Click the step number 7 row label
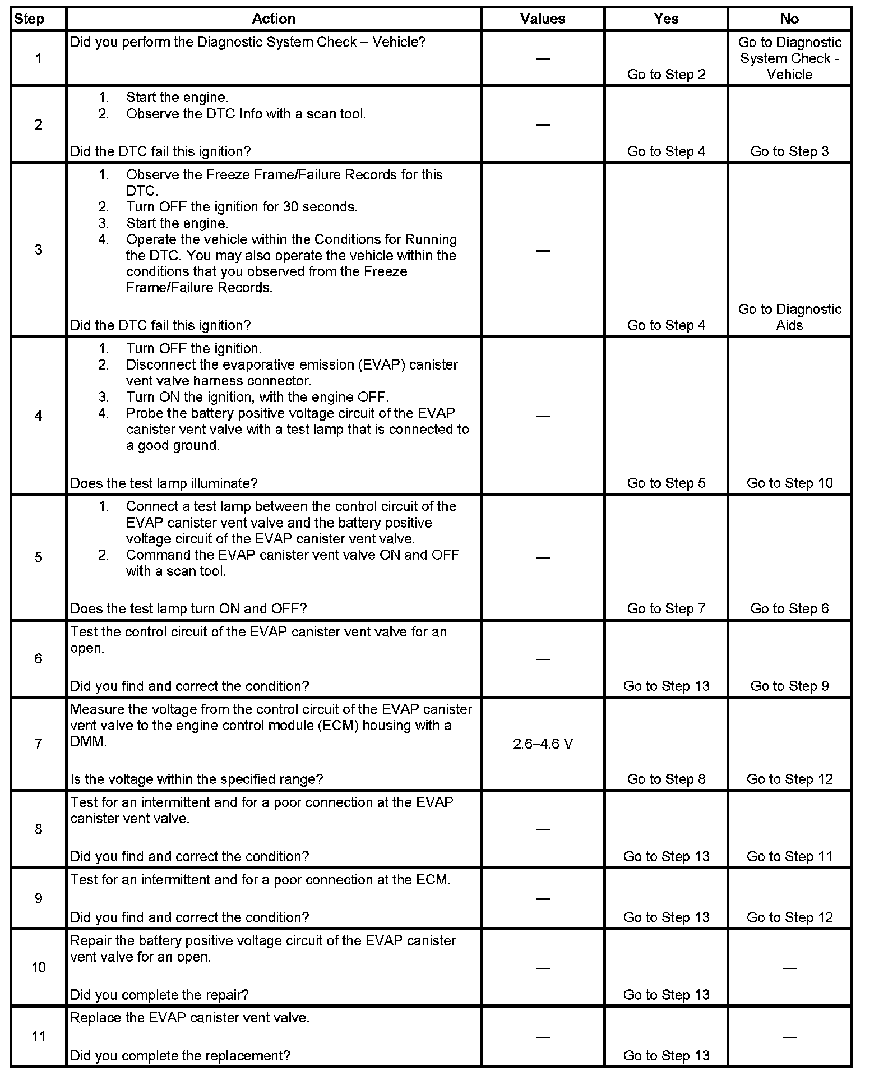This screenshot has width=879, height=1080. [38, 744]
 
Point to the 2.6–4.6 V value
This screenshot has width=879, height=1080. [543, 744]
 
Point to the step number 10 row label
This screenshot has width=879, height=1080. [38, 968]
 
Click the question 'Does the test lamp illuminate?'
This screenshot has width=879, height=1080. [164, 483]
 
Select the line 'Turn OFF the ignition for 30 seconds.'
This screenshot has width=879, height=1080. [242, 207]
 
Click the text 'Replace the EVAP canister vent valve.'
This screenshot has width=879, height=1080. [190, 1018]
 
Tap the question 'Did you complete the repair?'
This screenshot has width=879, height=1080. [160, 995]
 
